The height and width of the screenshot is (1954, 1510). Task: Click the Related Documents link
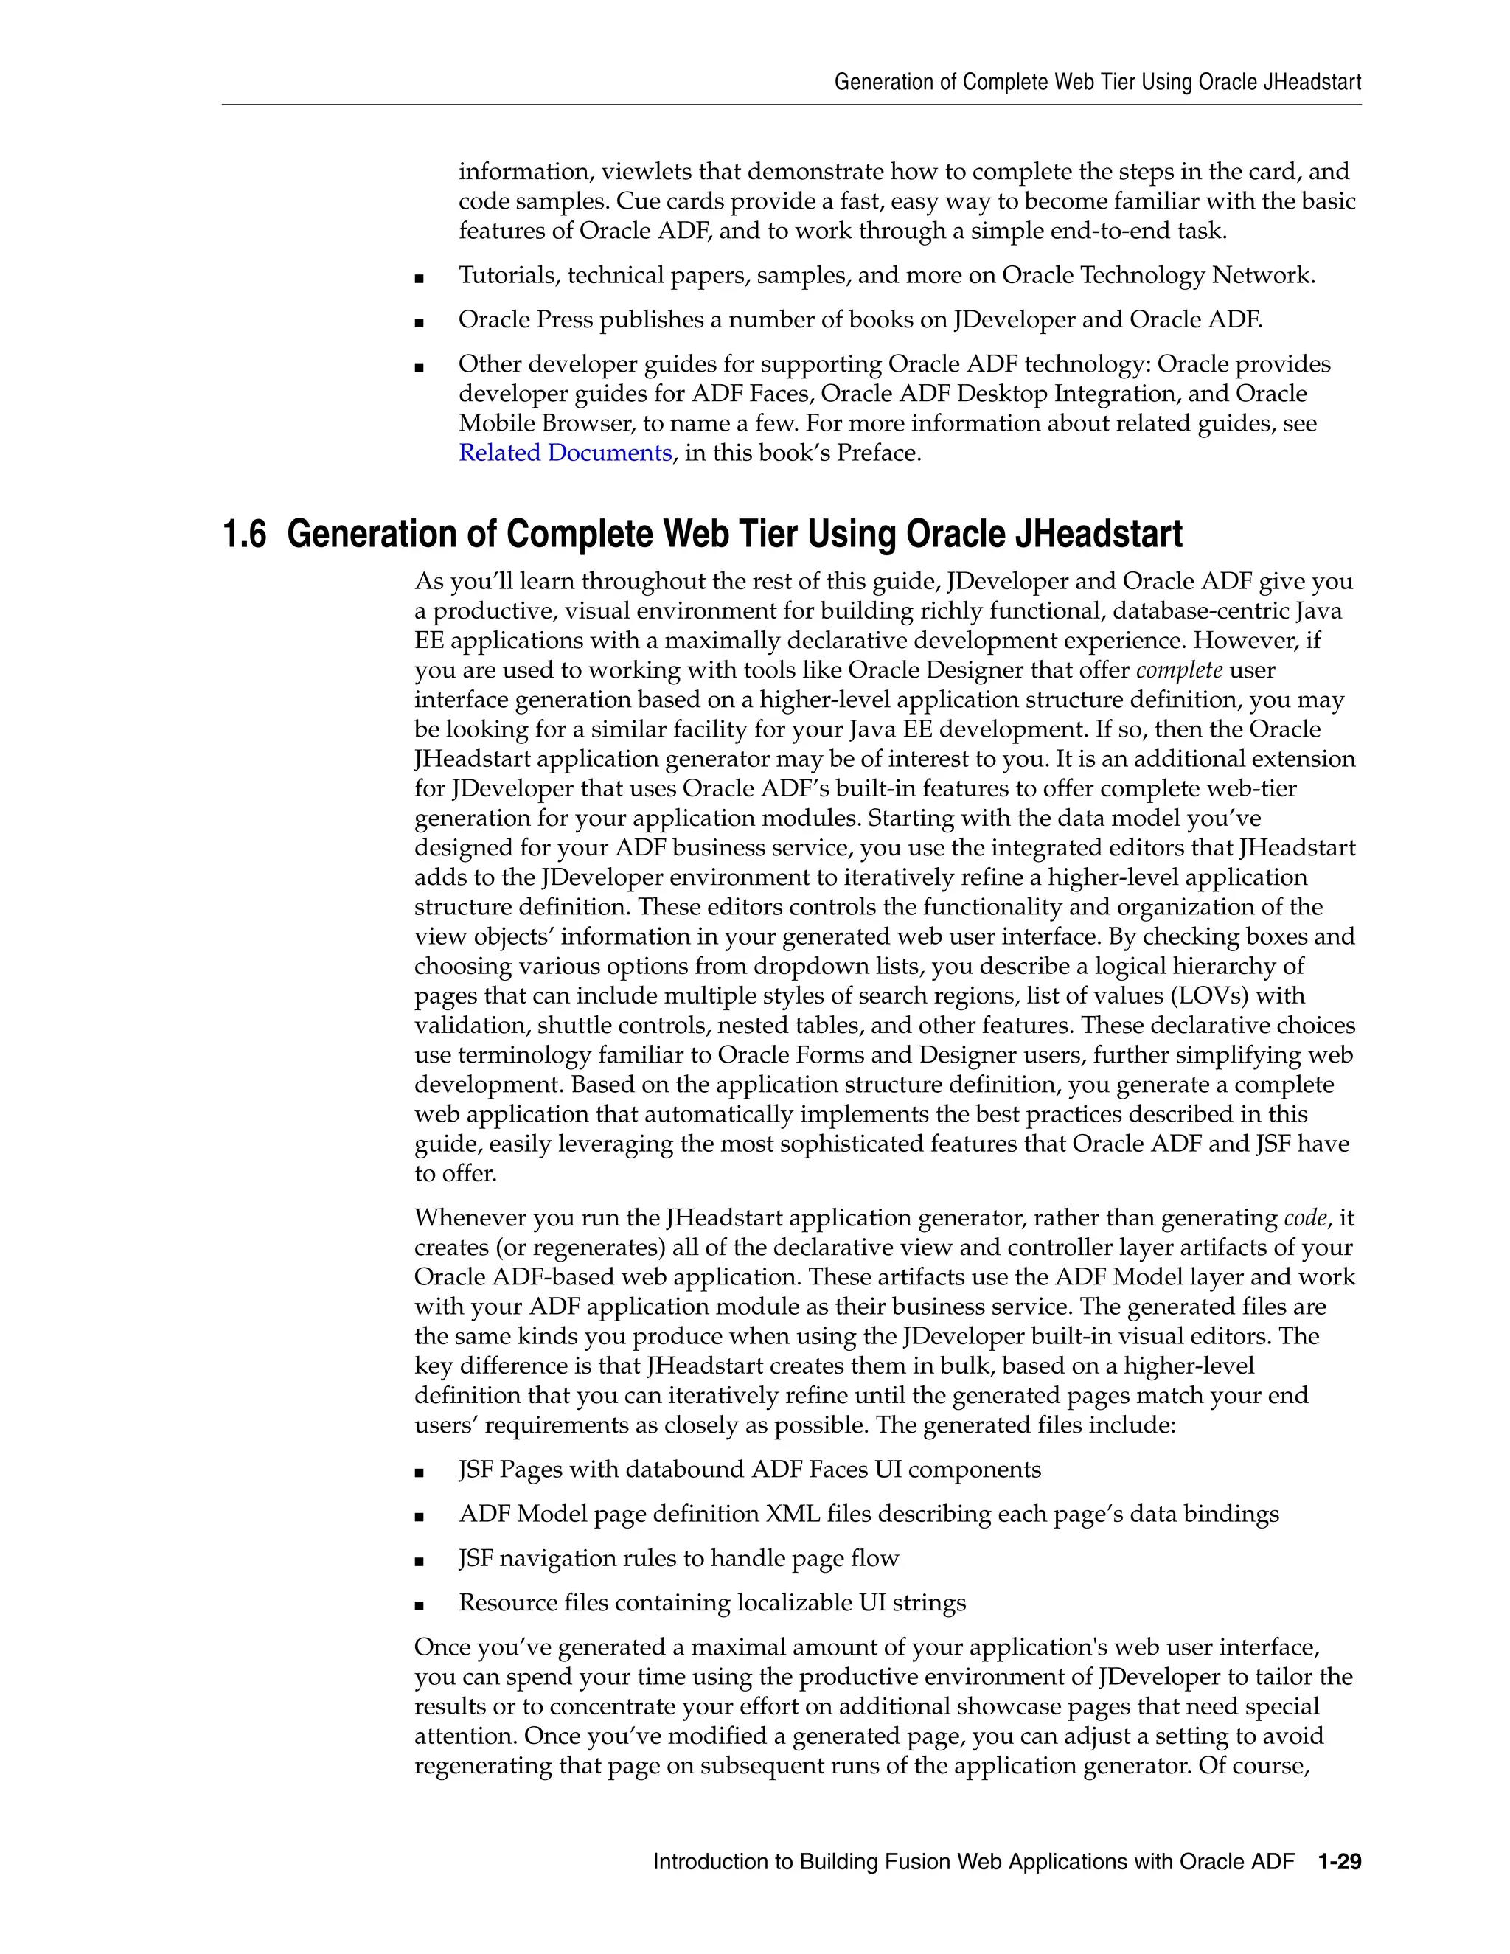pyautogui.click(x=565, y=453)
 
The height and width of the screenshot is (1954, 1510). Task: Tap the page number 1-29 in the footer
pyautogui.click(x=1339, y=1862)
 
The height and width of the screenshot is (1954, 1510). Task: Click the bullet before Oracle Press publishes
pyautogui.click(x=419, y=322)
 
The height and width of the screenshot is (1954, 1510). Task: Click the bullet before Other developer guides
pyautogui.click(x=419, y=366)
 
